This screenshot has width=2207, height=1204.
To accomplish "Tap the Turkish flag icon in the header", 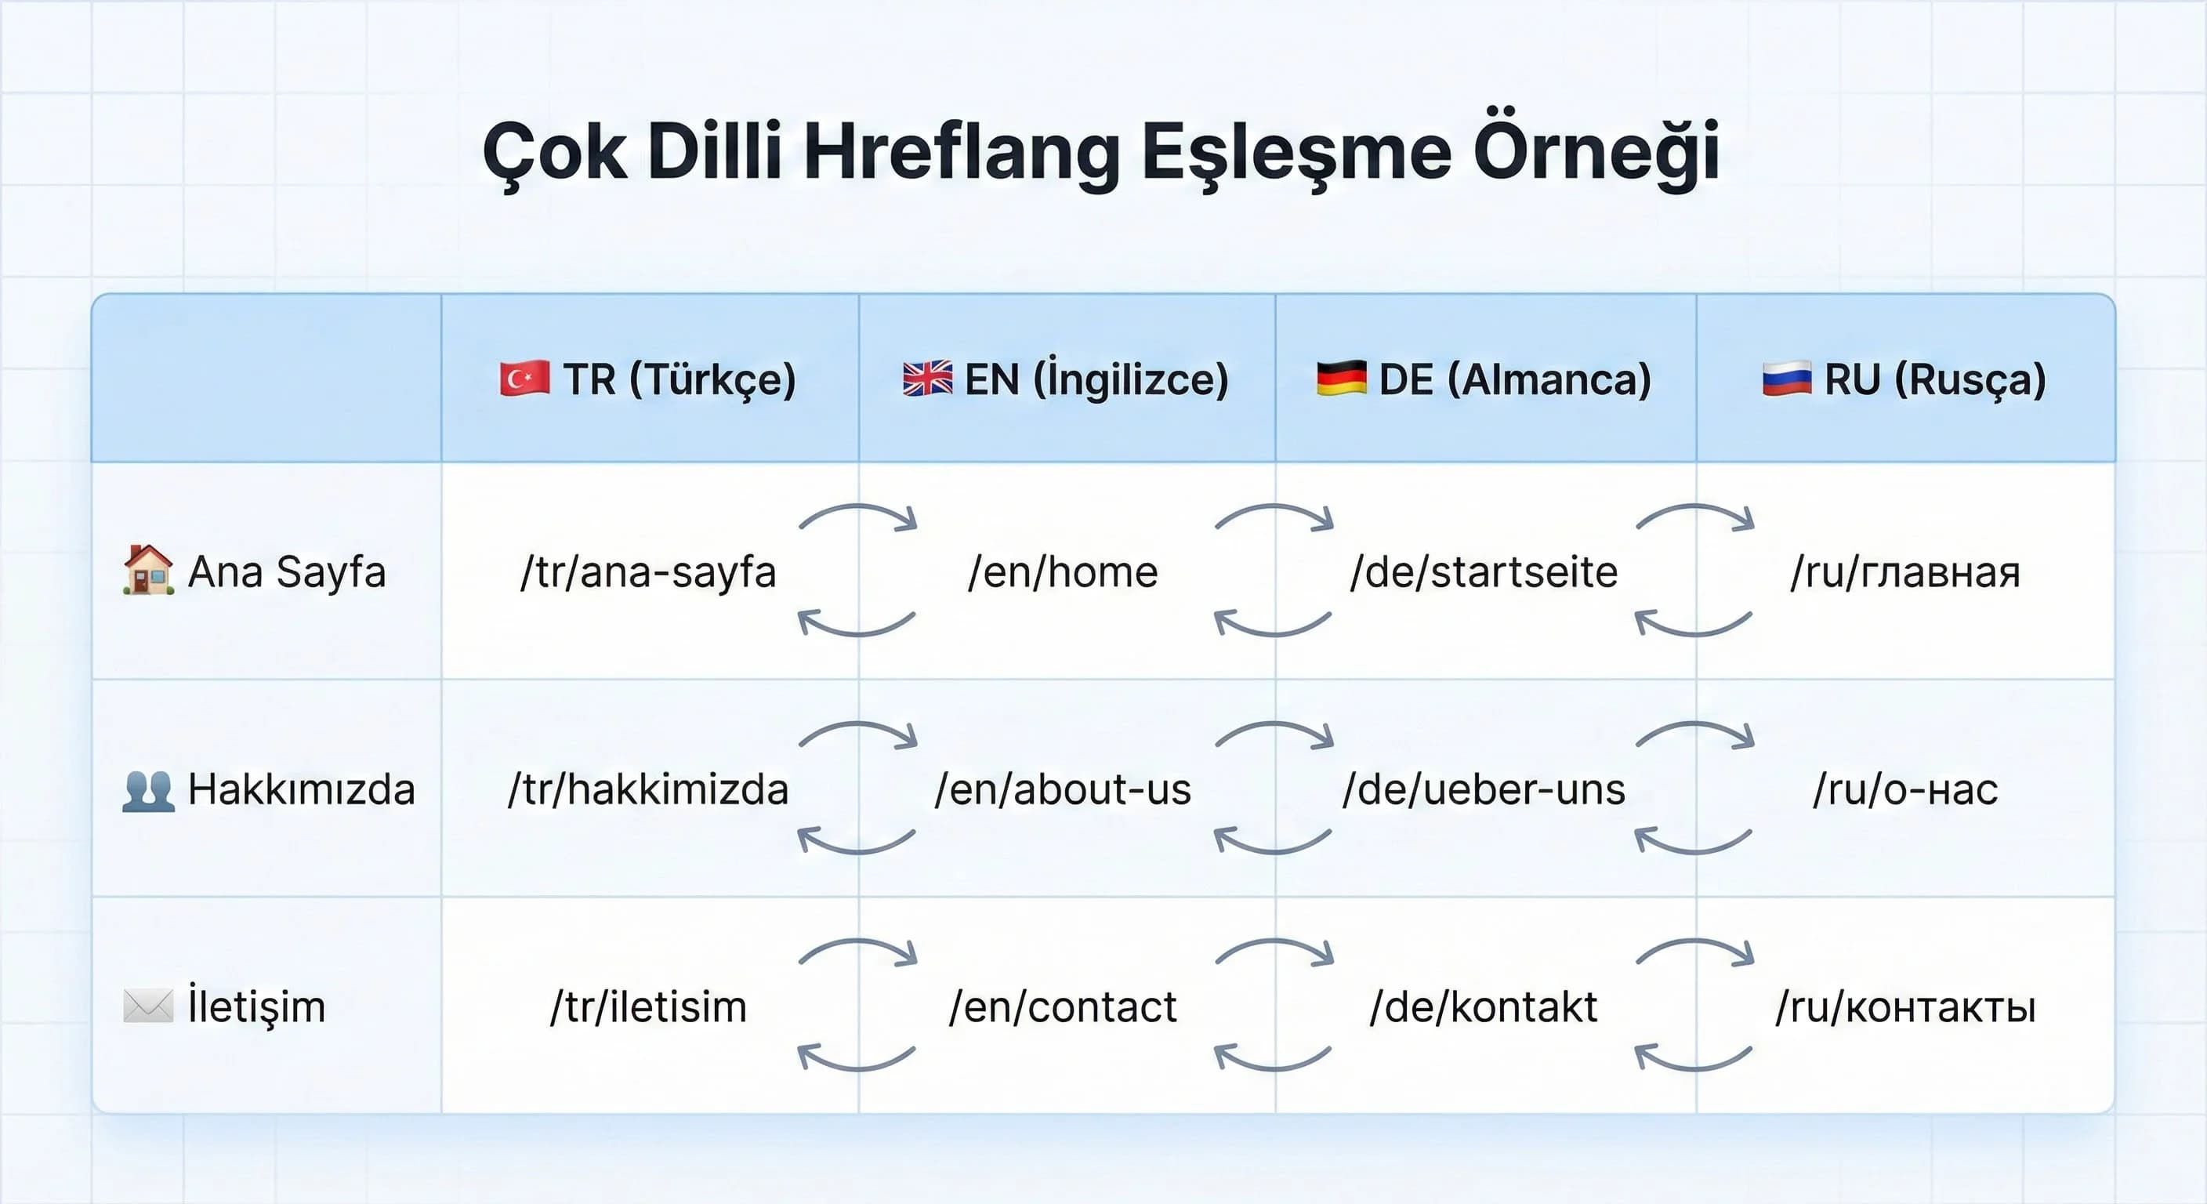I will coord(524,379).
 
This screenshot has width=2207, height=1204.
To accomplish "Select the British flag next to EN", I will coord(927,379).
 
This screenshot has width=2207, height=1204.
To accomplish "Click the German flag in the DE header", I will coord(1341,379).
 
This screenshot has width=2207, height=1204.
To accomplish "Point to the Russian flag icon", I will coord(1786,379).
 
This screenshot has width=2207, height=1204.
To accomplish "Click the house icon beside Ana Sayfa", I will coord(148,570).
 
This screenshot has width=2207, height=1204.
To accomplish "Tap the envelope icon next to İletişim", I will coord(148,1006).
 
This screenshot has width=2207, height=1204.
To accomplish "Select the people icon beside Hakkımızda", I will coord(148,789).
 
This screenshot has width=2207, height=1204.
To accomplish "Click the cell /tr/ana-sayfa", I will coord(647,571).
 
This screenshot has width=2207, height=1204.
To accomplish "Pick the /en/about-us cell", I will coord(1063,789).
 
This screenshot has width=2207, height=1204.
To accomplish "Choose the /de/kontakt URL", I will coord(1483,1006).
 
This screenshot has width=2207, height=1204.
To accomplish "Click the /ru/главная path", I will coord(1904,571).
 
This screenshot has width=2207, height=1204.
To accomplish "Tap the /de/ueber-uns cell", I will coord(1483,789).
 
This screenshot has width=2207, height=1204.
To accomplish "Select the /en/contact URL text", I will coord(1063,1006).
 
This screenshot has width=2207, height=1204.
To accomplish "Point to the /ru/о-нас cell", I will coord(1904,789).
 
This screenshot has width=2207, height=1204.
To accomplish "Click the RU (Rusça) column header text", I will coord(1934,379).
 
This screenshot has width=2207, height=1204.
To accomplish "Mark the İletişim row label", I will coord(256,1006).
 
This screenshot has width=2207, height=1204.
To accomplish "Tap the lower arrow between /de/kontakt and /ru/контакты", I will coord(1693,1057).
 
